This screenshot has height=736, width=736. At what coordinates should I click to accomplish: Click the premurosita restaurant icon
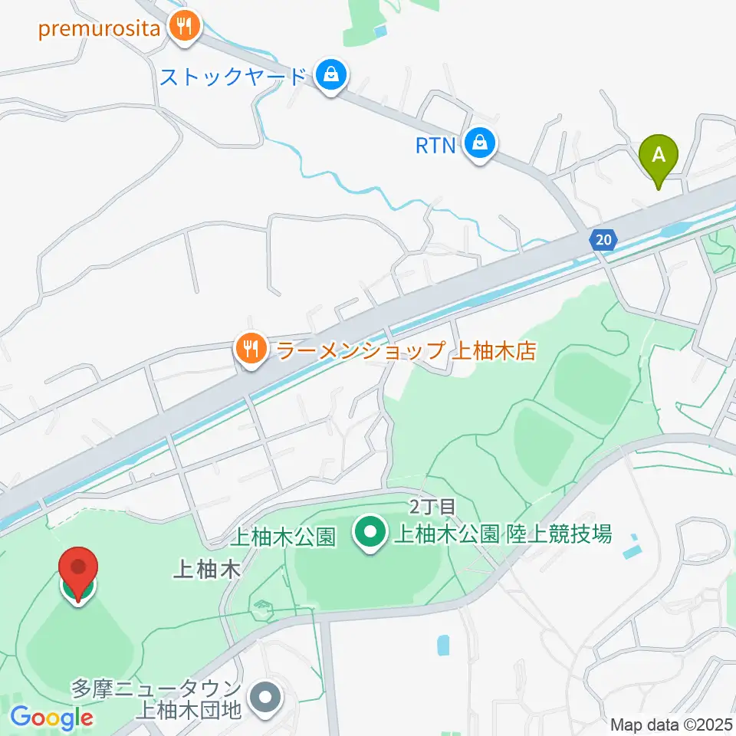185,28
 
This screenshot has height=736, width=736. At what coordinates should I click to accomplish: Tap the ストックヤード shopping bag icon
330,76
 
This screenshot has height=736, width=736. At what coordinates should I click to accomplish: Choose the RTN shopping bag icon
480,143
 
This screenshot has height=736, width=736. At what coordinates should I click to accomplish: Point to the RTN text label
436,144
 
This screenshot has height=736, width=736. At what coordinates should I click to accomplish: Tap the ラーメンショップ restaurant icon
250,350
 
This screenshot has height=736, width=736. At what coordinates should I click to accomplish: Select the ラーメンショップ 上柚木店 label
405,352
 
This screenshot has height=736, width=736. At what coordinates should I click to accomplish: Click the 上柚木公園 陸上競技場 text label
503,534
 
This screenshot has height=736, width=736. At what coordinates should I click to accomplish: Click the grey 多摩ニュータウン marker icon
267,698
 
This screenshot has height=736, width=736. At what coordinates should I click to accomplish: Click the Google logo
52,718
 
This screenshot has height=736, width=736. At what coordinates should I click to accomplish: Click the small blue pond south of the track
444,645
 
